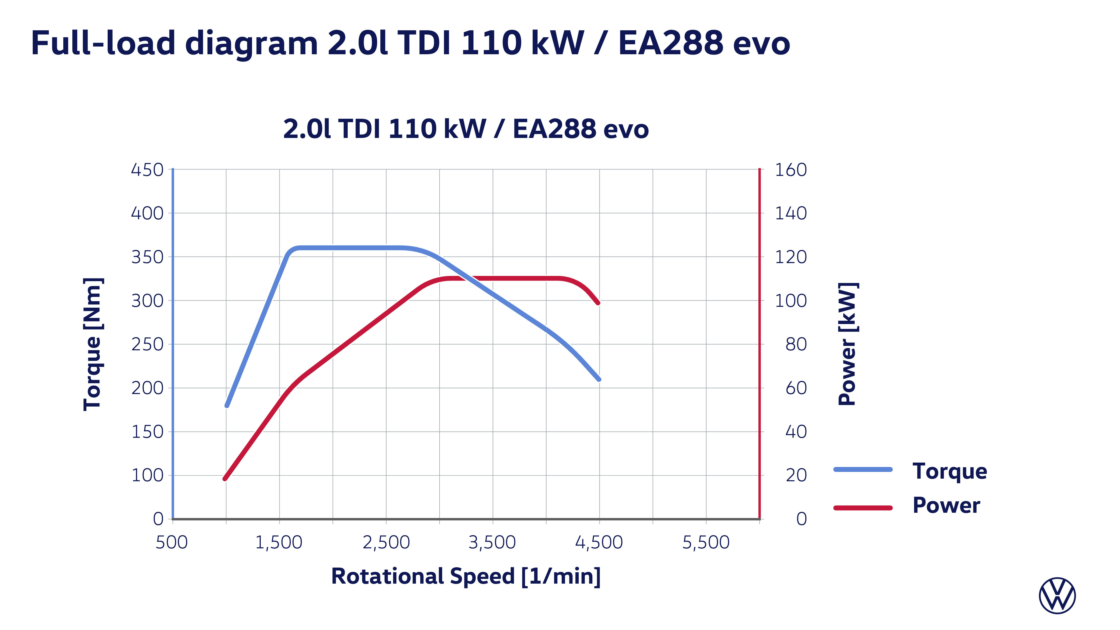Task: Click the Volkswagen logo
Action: click(1057, 596)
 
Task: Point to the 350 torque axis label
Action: click(147, 257)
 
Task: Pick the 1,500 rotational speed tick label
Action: click(279, 542)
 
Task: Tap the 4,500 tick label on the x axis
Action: click(599, 542)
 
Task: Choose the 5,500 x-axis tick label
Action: click(706, 542)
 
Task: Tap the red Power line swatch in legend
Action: click(863, 508)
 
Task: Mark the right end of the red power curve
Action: click(598, 303)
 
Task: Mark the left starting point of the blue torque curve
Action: click(227, 405)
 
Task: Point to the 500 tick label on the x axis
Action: click(172, 542)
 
